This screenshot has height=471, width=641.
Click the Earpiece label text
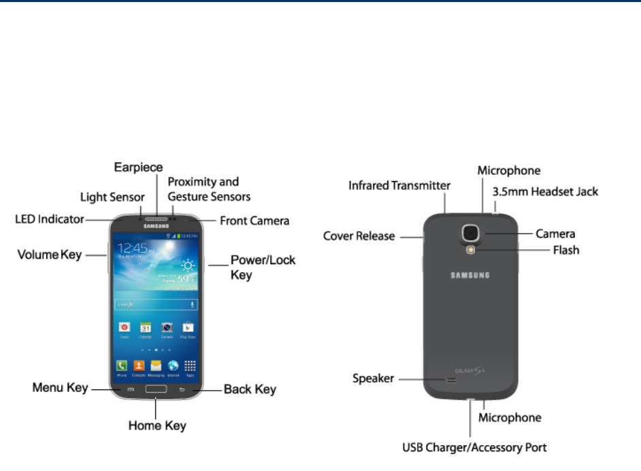coord(138,167)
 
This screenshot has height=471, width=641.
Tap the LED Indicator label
coord(50,219)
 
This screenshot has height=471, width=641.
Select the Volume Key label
coord(49,255)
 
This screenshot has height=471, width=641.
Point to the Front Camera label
coord(254,221)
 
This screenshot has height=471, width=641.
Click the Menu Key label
coord(61,388)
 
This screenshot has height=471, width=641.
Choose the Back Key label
coord(250,389)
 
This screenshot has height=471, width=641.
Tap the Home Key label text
coord(157,426)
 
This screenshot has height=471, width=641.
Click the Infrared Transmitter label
coord(399,185)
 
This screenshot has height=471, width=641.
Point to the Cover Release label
coord(359,236)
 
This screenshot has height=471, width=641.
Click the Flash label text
coord(566,250)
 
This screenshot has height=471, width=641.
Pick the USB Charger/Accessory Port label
coord(473,447)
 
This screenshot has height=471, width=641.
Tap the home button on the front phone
coord(156,389)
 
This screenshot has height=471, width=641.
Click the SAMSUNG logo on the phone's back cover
coord(470,276)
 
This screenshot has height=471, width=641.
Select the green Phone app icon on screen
coord(122,366)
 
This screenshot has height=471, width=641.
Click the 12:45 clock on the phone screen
coord(131,248)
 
